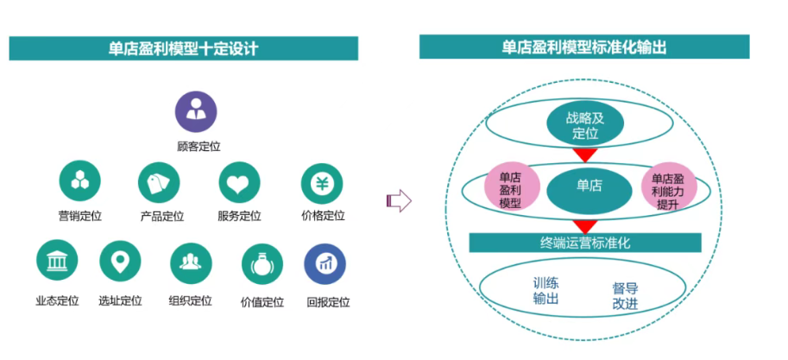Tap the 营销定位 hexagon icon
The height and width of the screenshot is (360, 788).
79,181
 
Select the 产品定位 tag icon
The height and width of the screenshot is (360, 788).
159,181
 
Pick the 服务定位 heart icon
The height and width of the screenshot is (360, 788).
239,181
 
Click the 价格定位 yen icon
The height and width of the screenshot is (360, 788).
321,181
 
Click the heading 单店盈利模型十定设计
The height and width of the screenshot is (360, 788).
184,48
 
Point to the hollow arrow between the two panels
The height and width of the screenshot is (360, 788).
399,200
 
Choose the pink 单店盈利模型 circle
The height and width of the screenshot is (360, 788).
512,187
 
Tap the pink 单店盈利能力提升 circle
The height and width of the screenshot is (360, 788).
667,187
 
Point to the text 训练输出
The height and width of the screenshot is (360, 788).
545,290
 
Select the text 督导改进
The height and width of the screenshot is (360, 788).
625,295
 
